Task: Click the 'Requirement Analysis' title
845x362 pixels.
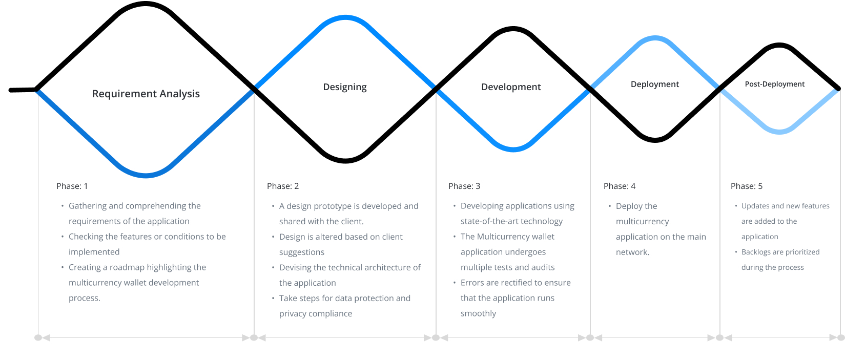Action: (x=146, y=94)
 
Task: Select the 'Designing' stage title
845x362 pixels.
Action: (x=345, y=87)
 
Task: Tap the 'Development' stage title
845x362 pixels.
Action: (x=511, y=87)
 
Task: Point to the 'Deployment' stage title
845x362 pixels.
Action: (x=655, y=84)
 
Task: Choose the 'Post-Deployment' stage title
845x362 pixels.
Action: (x=774, y=84)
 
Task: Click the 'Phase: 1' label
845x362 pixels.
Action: (x=72, y=186)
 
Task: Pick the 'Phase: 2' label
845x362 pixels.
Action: (x=283, y=186)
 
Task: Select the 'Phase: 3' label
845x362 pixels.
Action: (x=464, y=186)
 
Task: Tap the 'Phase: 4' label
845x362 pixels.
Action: (x=620, y=186)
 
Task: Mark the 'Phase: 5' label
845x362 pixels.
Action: (x=747, y=186)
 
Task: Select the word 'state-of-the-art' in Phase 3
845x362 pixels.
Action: (x=487, y=221)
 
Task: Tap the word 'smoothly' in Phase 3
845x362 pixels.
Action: (x=478, y=314)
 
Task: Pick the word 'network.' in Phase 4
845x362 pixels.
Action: (x=633, y=252)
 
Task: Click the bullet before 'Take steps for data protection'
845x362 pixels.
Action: (x=273, y=299)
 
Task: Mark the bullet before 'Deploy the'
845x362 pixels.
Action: (x=610, y=206)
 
